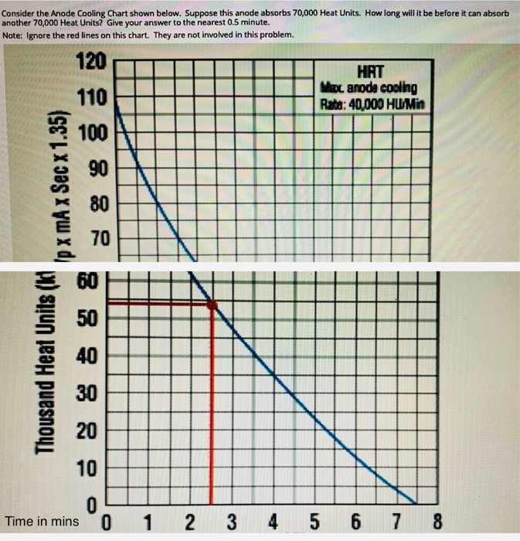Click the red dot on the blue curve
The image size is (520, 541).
(x=212, y=305)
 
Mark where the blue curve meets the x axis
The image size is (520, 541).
(x=416, y=502)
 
